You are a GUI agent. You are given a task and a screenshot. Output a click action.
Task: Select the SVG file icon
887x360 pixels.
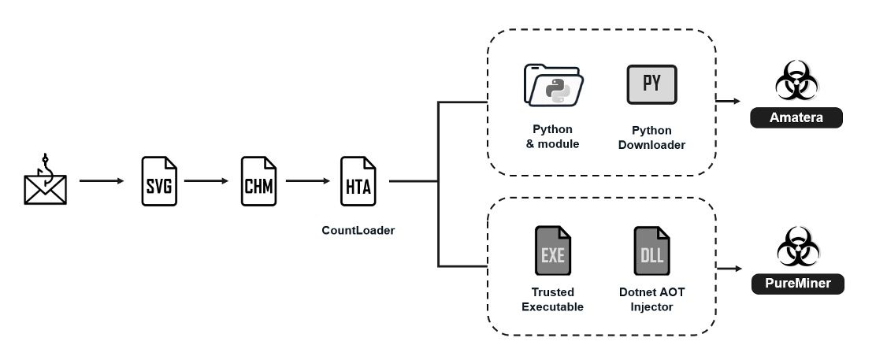pyautogui.click(x=157, y=182)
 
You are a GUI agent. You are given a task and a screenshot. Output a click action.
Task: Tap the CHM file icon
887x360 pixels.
pyautogui.click(x=258, y=182)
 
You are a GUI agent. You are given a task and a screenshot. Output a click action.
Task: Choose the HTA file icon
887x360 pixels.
pyautogui.click(x=358, y=182)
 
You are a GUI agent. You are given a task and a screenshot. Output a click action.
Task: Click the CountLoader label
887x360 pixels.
pyautogui.click(x=358, y=231)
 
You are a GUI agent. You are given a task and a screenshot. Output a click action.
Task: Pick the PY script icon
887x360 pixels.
pyautogui.click(x=651, y=85)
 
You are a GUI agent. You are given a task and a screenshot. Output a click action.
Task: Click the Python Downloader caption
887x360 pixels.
pyautogui.click(x=651, y=137)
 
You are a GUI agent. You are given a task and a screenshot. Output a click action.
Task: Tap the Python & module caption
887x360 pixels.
pyautogui.click(x=553, y=137)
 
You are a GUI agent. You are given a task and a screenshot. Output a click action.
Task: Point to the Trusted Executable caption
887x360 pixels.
pyautogui.click(x=553, y=299)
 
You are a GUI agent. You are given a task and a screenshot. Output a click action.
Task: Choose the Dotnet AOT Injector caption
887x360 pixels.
pyautogui.click(x=651, y=299)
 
